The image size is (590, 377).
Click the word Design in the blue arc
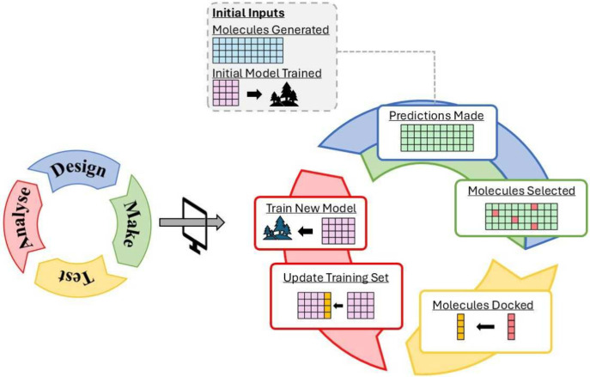coord(78,170)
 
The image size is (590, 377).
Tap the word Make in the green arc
coord(131,223)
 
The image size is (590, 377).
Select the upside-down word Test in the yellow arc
coord(76,277)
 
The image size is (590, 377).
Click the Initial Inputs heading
coord(248,13)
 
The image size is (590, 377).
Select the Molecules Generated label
coord(271,30)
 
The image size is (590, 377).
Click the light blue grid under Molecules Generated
coord(247,51)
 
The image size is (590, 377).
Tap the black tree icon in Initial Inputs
coord(284,94)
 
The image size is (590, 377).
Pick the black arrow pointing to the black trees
coord(254,94)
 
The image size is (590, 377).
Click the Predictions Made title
coord(436,116)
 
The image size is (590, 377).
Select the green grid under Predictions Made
coord(437,138)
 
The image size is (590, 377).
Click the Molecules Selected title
coord(521,191)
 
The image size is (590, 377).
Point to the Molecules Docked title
coord(483,305)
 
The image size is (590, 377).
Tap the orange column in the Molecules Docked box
coord(460,327)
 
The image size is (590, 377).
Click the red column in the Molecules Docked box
coord(511,327)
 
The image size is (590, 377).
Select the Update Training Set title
coord(336,277)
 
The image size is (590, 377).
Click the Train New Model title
coord(311,209)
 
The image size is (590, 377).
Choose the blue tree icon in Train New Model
coord(277,228)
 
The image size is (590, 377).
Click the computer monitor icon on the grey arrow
coord(195,225)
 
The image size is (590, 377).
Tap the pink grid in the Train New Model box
coord(338,231)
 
